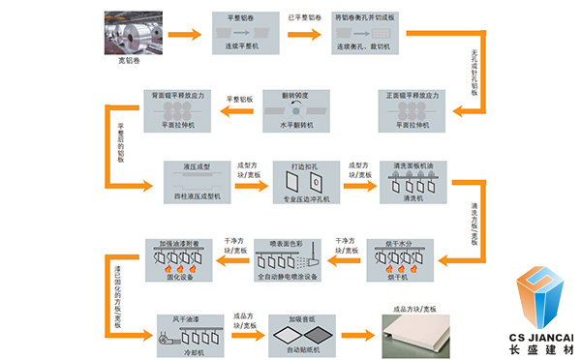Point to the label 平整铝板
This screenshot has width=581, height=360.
239,100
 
